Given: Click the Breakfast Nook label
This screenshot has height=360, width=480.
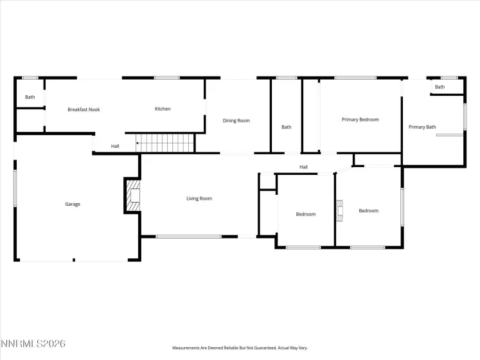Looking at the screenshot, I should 84,110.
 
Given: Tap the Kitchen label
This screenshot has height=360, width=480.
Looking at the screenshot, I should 163,109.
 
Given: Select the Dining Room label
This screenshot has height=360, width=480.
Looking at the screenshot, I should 236,121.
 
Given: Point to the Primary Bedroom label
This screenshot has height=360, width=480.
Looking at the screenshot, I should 360,120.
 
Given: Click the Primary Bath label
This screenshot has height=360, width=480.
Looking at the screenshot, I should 422,127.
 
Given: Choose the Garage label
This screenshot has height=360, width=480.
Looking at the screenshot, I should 73,204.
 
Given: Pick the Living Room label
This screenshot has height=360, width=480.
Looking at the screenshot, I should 199,199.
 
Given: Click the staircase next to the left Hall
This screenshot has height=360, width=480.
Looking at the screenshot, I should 165,143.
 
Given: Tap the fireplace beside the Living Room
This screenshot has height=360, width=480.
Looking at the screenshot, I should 133,195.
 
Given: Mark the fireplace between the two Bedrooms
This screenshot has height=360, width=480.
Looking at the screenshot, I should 339,211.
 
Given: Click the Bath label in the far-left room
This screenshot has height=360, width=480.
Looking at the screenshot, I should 30,97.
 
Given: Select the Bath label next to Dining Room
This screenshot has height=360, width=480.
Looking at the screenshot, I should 287,127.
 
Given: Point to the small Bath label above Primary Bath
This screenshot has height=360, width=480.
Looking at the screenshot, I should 440,87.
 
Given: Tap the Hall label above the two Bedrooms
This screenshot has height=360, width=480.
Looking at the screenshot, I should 303,168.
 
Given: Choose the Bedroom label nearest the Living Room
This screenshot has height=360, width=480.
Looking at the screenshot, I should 306,214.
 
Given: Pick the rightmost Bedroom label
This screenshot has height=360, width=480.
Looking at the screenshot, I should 369,211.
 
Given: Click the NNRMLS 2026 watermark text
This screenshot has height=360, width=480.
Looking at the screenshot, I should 33,345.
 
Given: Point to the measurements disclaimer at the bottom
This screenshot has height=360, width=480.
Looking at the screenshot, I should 239,348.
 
